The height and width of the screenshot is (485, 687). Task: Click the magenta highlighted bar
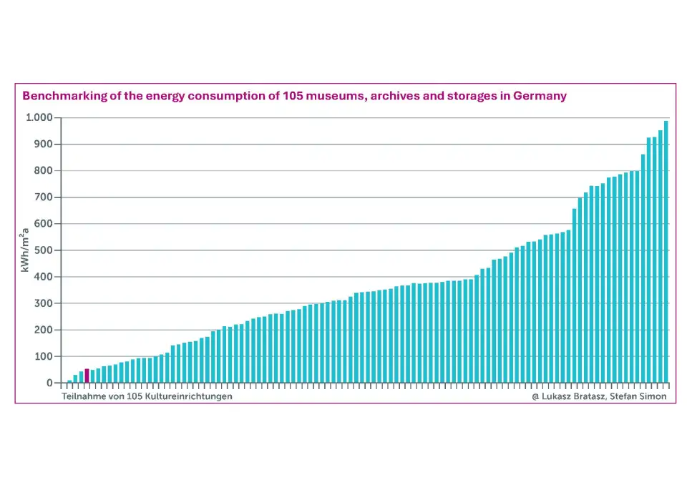[87, 376]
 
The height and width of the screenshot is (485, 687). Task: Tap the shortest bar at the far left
[69, 381]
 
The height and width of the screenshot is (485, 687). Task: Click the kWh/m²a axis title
[24, 250]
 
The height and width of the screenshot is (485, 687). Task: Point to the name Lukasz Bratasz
[573, 396]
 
